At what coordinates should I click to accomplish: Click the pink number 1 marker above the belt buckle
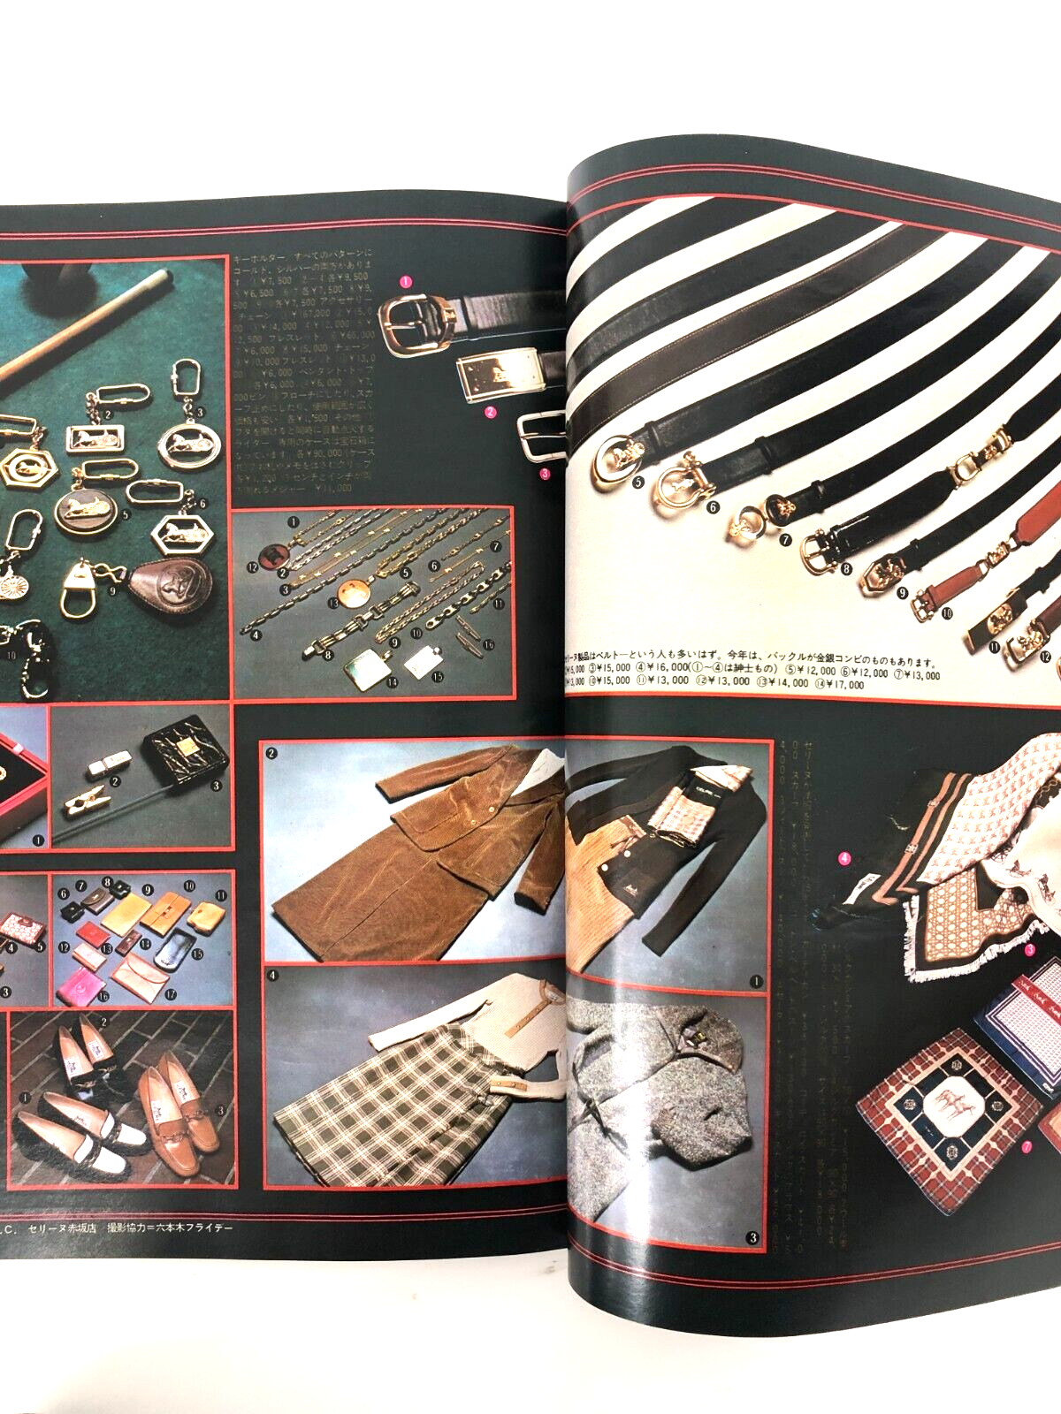[x=406, y=282]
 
